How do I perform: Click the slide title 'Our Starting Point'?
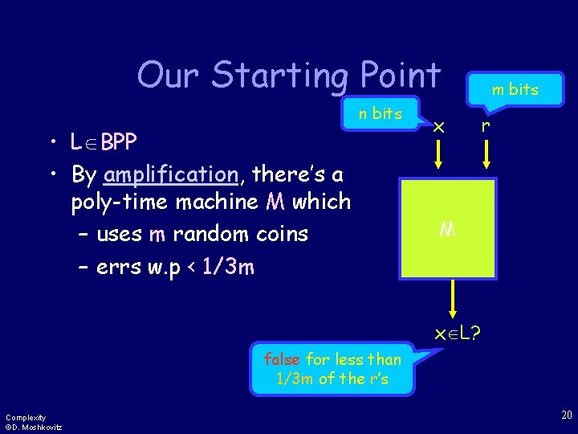click(288, 76)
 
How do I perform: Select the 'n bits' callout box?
click(380, 114)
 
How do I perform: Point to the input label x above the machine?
click(438, 126)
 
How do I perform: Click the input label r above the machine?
click(484, 125)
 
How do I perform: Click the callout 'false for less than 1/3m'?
click(332, 369)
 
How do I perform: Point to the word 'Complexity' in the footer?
click(25, 417)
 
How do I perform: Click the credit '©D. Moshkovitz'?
click(33, 427)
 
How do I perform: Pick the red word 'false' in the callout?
click(282, 359)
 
